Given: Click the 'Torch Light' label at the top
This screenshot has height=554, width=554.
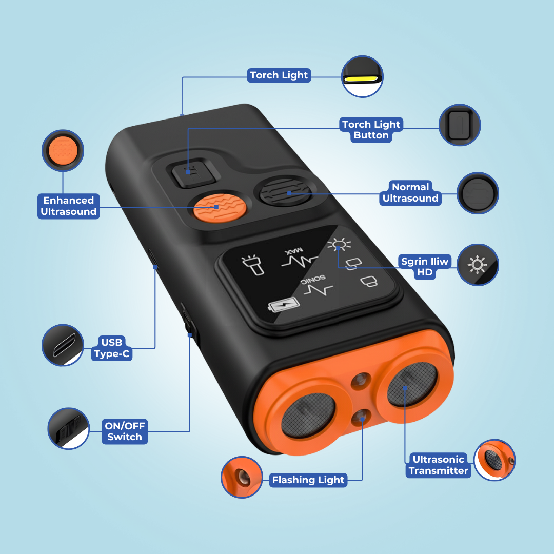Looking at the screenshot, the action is (x=279, y=75).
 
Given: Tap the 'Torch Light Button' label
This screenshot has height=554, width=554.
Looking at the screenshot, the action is (x=371, y=130).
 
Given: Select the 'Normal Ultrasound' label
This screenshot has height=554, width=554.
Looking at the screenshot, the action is (x=410, y=192).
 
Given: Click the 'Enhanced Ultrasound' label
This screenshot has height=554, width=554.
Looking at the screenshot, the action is (x=69, y=206).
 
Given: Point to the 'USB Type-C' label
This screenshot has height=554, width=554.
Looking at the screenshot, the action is (x=112, y=348).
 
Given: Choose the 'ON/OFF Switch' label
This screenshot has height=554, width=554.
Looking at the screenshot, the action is (x=125, y=431).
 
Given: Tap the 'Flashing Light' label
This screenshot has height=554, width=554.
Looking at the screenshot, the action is (x=308, y=480).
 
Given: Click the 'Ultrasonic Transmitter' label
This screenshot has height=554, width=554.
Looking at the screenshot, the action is (x=439, y=465).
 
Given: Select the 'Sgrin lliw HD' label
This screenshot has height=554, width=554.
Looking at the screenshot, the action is (x=425, y=267).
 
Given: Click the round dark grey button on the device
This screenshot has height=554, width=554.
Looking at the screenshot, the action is (x=286, y=192).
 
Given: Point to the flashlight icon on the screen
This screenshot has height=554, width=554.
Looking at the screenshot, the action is (x=253, y=265).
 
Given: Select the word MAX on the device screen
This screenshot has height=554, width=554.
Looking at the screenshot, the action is (x=294, y=251).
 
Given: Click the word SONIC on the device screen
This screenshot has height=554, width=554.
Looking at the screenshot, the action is (x=313, y=280).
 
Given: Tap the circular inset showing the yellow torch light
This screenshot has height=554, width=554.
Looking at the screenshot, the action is (x=362, y=76).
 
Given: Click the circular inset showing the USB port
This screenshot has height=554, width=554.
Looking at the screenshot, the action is (x=63, y=345).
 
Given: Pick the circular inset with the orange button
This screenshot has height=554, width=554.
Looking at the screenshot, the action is (x=63, y=150).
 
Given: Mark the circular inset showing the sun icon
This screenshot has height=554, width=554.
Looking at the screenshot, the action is (x=478, y=265).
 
